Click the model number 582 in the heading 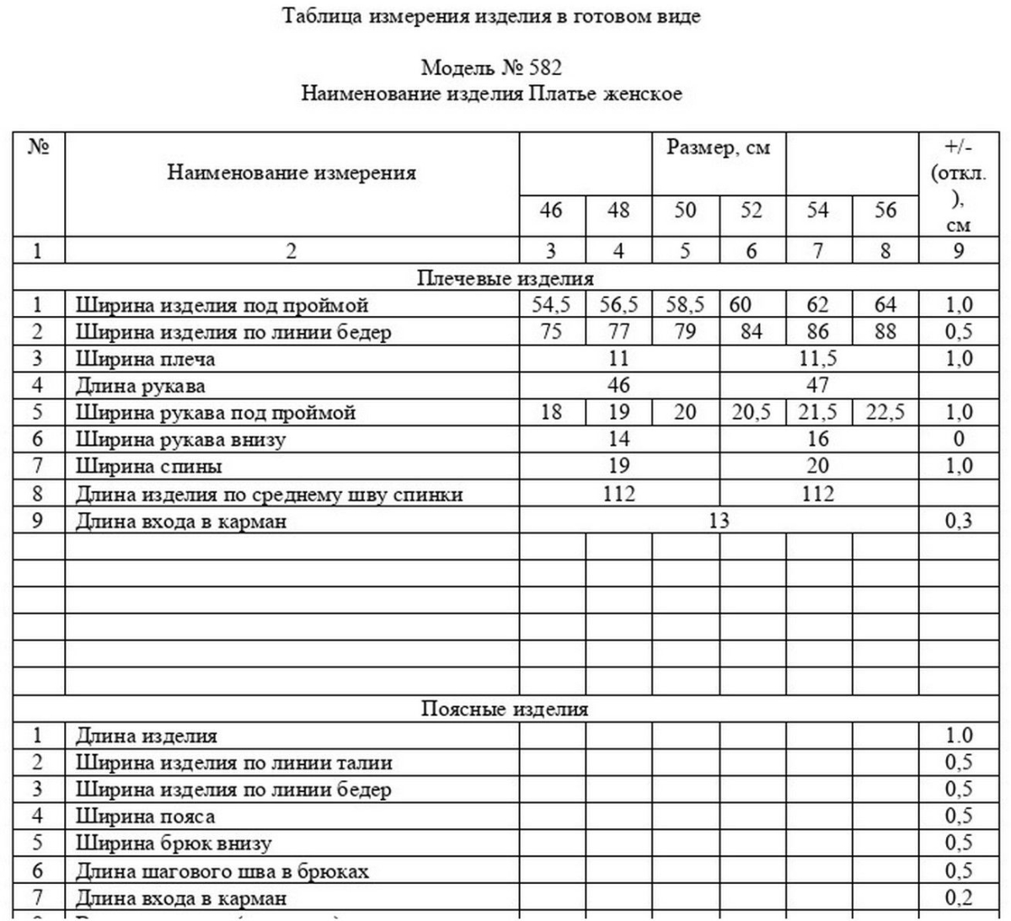pyautogui.click(x=542, y=67)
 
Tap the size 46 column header pyautogui.click(x=550, y=210)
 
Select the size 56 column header pyautogui.click(x=885, y=210)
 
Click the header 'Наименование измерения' pyautogui.click(x=292, y=173)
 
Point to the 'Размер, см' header pyautogui.click(x=719, y=147)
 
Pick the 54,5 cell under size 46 pyautogui.click(x=551, y=305)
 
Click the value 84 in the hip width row pyautogui.click(x=752, y=332)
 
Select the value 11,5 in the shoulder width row pyautogui.click(x=817, y=359)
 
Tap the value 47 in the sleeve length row pyautogui.click(x=817, y=386)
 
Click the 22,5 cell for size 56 pyautogui.click(x=885, y=413)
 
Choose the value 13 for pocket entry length pyautogui.click(x=719, y=521)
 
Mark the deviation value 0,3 pyautogui.click(x=958, y=521)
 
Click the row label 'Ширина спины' pyautogui.click(x=149, y=467)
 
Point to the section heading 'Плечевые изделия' pyautogui.click(x=505, y=278)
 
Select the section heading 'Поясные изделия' pyautogui.click(x=505, y=709)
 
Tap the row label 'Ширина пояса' pyautogui.click(x=145, y=817)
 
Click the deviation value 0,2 pyautogui.click(x=959, y=898)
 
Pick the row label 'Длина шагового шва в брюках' pyautogui.click(x=222, y=871)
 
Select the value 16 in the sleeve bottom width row pyautogui.click(x=817, y=440)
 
